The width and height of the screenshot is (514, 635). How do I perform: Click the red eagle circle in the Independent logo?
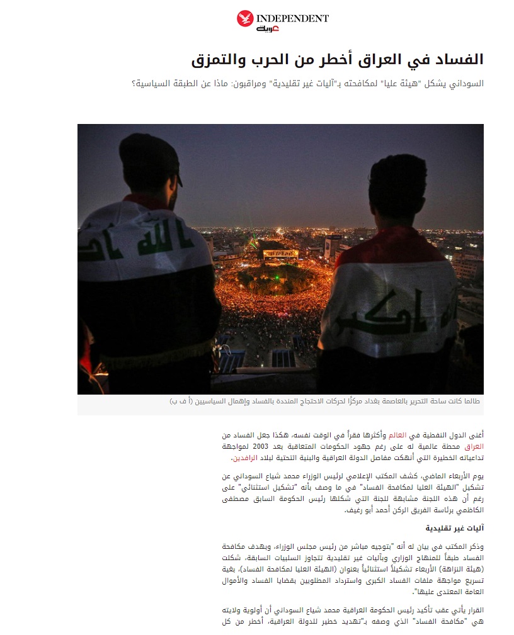pos(245,19)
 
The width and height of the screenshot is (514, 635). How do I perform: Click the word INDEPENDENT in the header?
pos(292,19)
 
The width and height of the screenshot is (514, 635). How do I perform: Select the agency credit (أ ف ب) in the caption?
pos(180,401)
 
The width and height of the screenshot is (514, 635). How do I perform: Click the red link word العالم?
pos(399,436)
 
